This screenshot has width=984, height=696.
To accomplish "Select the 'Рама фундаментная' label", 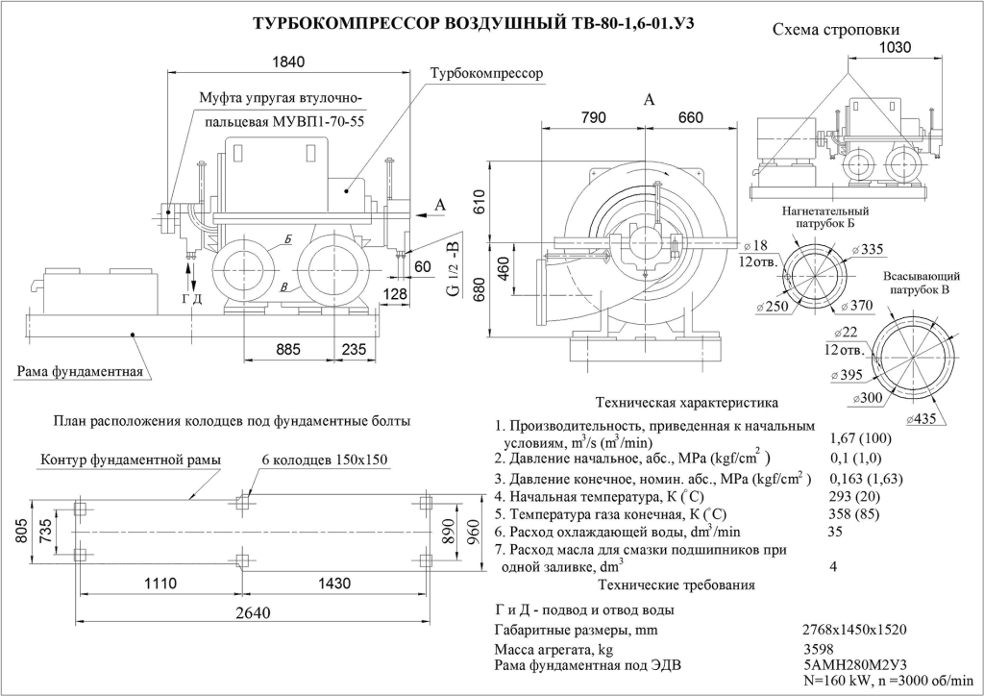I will (x=80, y=371).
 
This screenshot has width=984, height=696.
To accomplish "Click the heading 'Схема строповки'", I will (x=837, y=30).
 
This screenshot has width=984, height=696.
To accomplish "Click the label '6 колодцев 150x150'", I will (x=324, y=460).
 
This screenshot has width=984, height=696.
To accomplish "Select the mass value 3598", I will (x=820, y=649).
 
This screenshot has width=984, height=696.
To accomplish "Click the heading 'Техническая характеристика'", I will (x=687, y=402).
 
